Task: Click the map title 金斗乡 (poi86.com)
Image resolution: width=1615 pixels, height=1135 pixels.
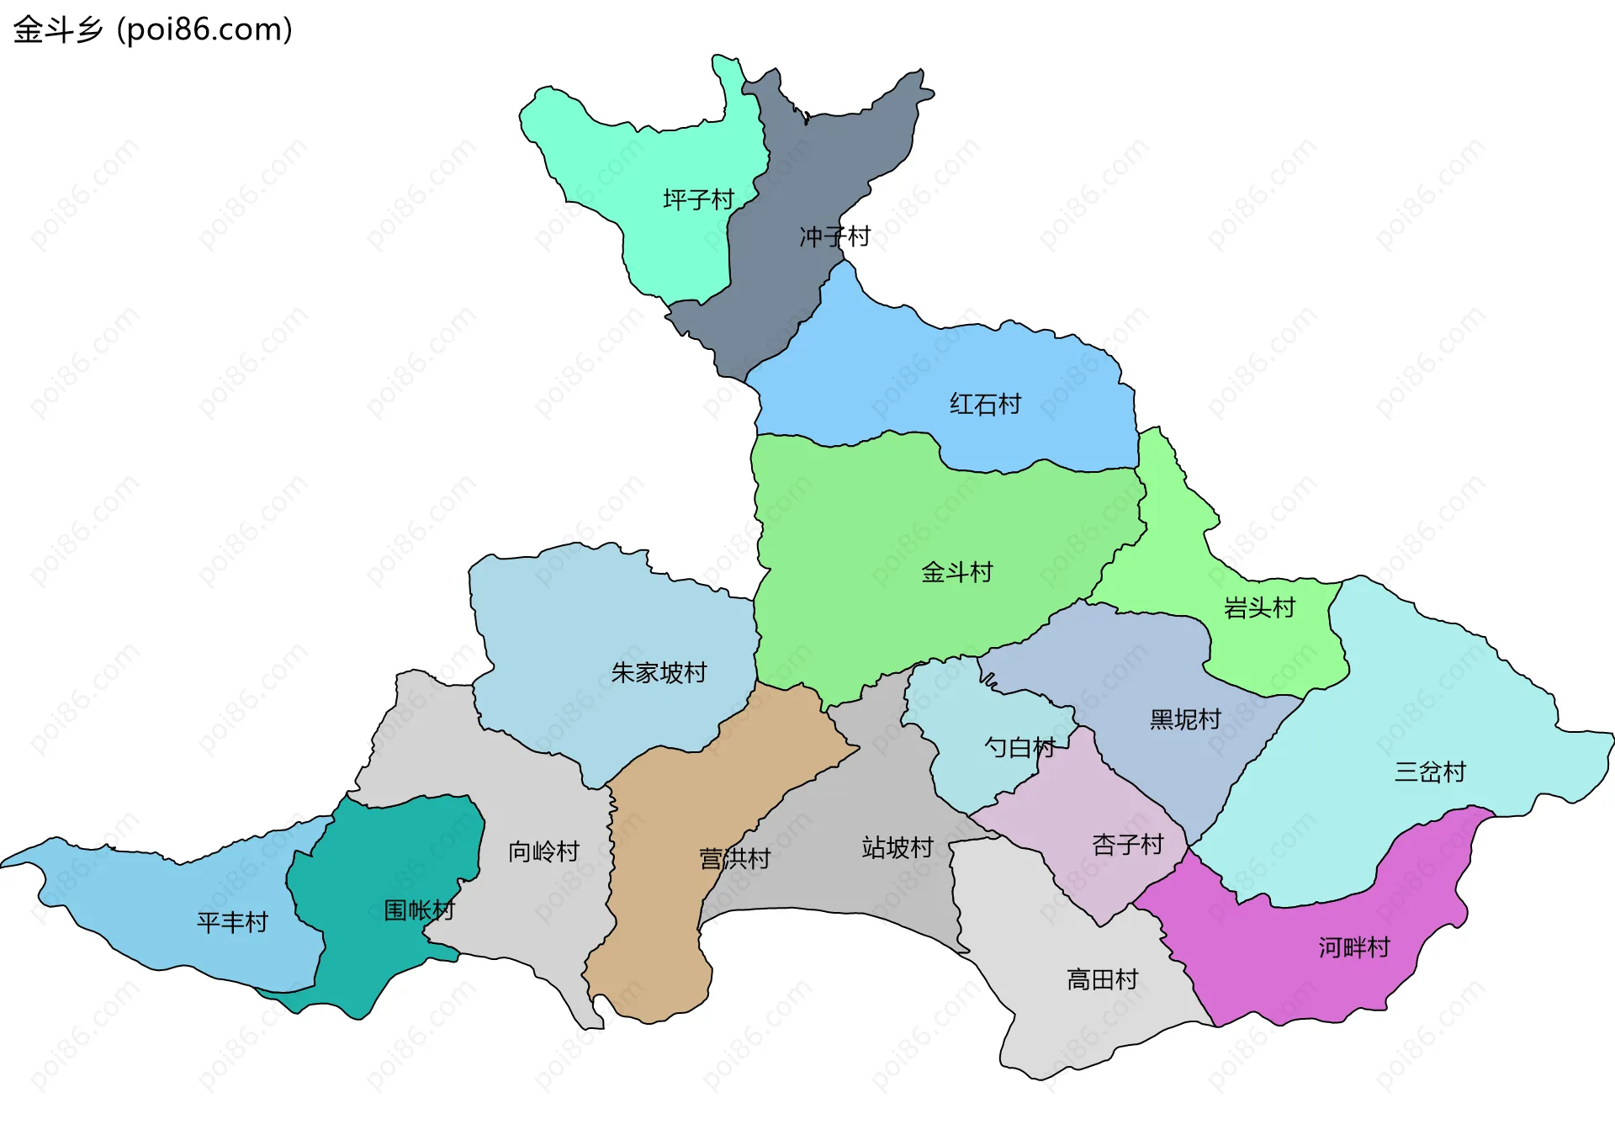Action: point(153,30)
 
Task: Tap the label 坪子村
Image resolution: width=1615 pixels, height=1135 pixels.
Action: point(698,200)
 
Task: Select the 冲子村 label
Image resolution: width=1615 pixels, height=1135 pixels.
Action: point(834,237)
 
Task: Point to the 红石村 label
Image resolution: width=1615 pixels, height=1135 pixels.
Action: point(985,405)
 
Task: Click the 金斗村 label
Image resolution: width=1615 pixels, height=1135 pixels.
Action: point(956,573)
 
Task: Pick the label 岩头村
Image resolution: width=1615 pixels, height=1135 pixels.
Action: point(1259,608)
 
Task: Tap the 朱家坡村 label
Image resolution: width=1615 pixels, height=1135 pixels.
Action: point(659,673)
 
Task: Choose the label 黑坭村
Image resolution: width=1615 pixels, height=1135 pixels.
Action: point(1185,720)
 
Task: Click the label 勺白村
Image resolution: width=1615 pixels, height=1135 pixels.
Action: point(1019,747)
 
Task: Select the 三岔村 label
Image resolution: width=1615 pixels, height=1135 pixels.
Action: point(1430,772)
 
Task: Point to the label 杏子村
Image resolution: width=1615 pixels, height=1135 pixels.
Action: point(1127,845)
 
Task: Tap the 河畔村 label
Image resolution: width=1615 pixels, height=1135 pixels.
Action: point(1354,948)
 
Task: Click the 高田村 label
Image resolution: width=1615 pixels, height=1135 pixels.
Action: point(1102,980)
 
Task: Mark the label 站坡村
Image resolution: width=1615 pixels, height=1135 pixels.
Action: point(898,848)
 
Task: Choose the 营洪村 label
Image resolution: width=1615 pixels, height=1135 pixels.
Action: point(735,859)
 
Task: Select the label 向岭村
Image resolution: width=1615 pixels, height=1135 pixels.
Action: point(543,852)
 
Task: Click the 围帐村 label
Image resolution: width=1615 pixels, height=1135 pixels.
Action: point(419,910)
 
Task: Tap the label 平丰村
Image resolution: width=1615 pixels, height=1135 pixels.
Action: point(232,923)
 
